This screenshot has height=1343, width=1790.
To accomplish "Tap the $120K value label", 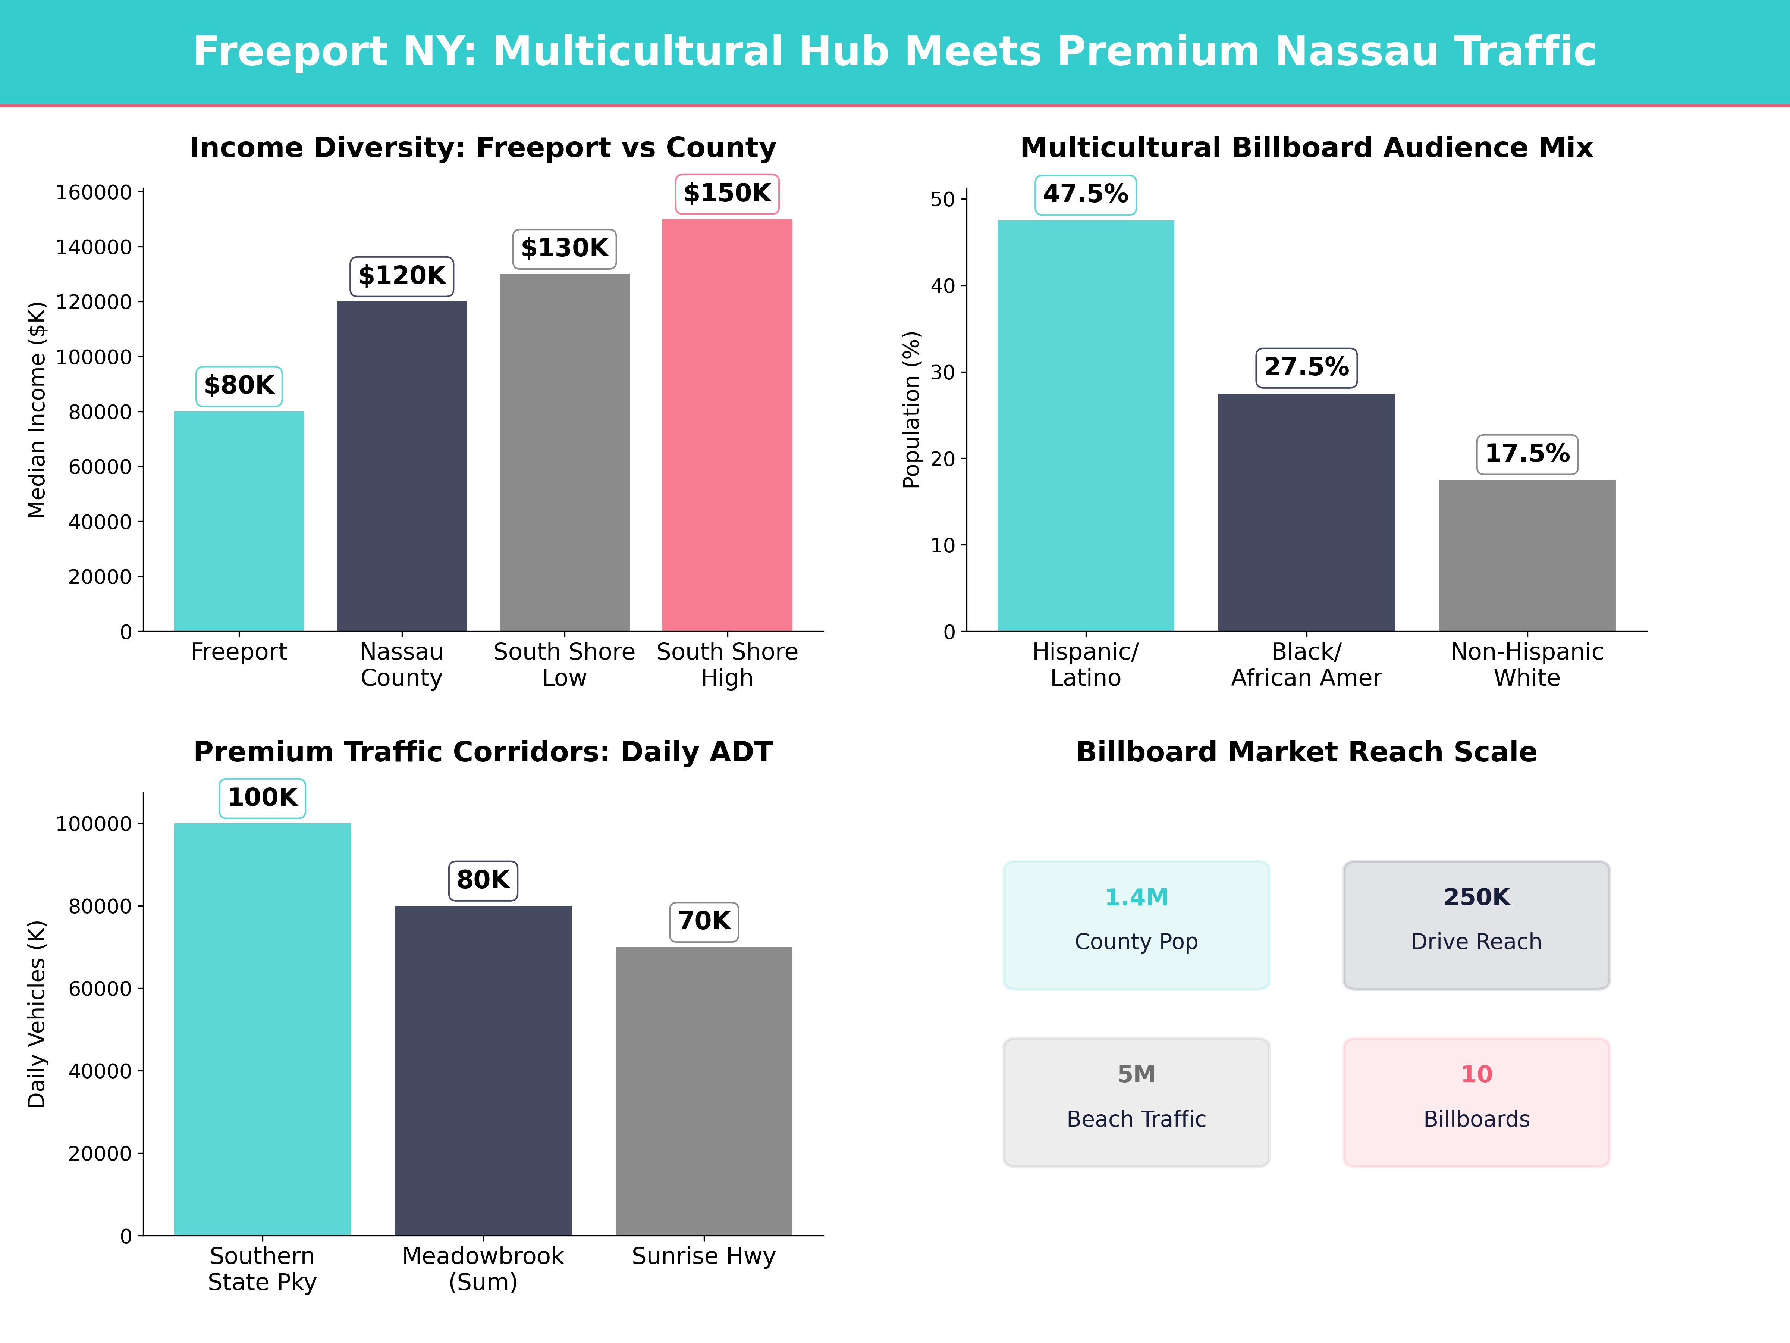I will (402, 276).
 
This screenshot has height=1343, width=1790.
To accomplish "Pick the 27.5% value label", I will (1306, 367).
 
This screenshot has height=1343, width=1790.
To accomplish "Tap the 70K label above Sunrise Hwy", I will (704, 921).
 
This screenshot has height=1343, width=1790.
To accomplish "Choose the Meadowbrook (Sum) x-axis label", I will (483, 1268).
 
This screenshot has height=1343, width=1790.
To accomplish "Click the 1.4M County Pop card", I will (1136, 924).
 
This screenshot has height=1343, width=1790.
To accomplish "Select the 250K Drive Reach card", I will (1476, 924).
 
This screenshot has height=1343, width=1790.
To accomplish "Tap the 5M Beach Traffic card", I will (1136, 1102).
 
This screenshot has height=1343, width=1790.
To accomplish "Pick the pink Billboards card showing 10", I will (1476, 1102).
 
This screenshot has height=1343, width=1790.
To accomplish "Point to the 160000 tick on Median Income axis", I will (93, 192).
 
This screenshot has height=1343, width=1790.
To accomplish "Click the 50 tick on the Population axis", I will (943, 199).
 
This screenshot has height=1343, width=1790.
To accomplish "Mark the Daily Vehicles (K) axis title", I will (37, 1014).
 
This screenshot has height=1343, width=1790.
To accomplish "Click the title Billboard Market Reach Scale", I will (1306, 752).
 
